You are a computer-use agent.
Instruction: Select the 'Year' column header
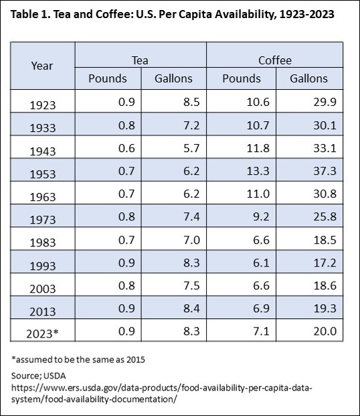[x=42, y=66]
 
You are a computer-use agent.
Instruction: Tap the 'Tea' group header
[x=141, y=60]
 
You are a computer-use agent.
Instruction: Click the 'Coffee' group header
[x=275, y=60]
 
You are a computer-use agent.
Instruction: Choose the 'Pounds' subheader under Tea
[x=108, y=78]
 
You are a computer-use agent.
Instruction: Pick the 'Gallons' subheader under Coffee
[x=308, y=78]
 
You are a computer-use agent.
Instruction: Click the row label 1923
[x=43, y=105]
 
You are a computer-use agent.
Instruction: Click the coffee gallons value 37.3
[x=315, y=174]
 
